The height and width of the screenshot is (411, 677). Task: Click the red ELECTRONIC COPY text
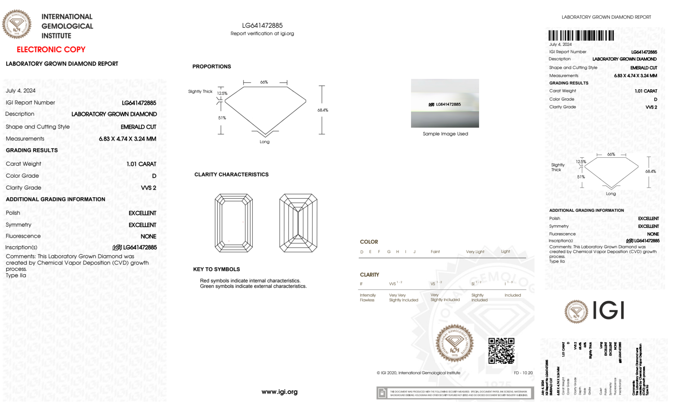coord(51,49)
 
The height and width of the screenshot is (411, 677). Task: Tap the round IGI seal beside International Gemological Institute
coord(17,24)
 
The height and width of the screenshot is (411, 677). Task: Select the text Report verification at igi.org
coord(262,33)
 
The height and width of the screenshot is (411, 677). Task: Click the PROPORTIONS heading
coord(211,67)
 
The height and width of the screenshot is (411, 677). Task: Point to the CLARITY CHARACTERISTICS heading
coord(231,175)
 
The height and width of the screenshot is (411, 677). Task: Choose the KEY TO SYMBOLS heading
coord(216,269)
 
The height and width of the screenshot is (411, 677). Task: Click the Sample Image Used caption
coord(445,134)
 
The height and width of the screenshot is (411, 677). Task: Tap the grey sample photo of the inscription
coord(445,103)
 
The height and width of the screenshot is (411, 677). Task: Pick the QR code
coord(501,351)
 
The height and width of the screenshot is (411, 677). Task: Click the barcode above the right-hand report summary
coord(581,36)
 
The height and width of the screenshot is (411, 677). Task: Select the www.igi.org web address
coord(279,392)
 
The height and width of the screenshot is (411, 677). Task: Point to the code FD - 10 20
coord(523,373)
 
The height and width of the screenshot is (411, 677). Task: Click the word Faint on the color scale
coord(435,252)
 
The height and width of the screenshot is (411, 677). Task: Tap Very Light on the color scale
coord(475,252)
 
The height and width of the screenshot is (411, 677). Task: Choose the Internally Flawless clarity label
coord(367,298)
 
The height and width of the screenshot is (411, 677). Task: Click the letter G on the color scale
coord(389,252)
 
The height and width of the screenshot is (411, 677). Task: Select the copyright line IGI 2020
coord(419,373)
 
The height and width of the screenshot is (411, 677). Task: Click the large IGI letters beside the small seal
coord(608,311)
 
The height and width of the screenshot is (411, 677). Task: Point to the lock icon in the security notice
coord(382,393)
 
